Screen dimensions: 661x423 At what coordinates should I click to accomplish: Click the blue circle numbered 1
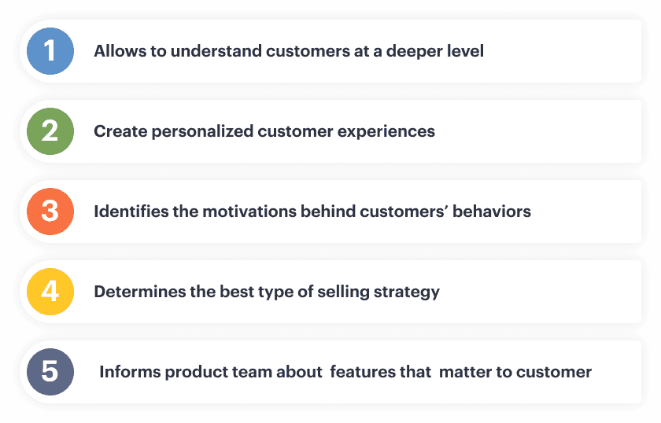point(50,51)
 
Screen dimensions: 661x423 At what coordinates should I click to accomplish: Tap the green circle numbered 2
point(50,131)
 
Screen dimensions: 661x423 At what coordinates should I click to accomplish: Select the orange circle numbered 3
point(50,211)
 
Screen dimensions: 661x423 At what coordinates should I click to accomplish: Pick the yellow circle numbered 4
point(50,292)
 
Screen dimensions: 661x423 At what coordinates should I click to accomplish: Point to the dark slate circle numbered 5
point(50,372)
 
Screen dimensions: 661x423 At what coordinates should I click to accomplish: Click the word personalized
point(202,132)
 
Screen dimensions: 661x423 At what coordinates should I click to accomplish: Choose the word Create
point(120,131)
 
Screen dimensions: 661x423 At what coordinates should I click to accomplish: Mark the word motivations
point(249,211)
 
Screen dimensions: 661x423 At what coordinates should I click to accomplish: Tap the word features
point(363,372)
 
